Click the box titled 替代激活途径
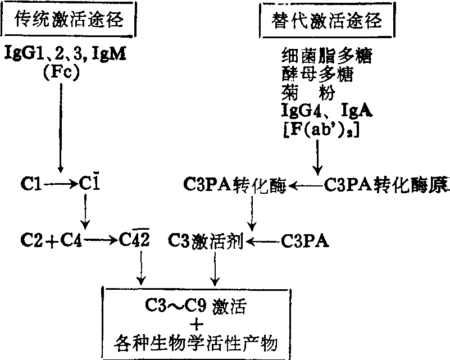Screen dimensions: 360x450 coord(326,21)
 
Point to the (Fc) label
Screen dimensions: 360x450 coord(60,75)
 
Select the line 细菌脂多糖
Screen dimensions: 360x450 coord(326,56)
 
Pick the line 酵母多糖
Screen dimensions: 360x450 coord(317,74)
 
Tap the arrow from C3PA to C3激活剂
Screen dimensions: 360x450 coord(264,242)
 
